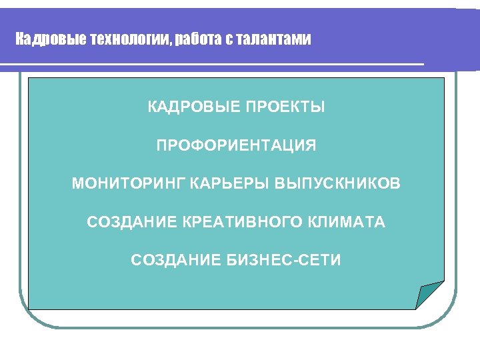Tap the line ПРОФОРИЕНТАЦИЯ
click(x=237, y=145)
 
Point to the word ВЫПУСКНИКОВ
click(x=338, y=183)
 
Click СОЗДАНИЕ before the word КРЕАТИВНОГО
click(x=131, y=222)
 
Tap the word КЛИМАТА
click(x=351, y=222)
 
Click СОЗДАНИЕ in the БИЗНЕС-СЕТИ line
click(x=175, y=260)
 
